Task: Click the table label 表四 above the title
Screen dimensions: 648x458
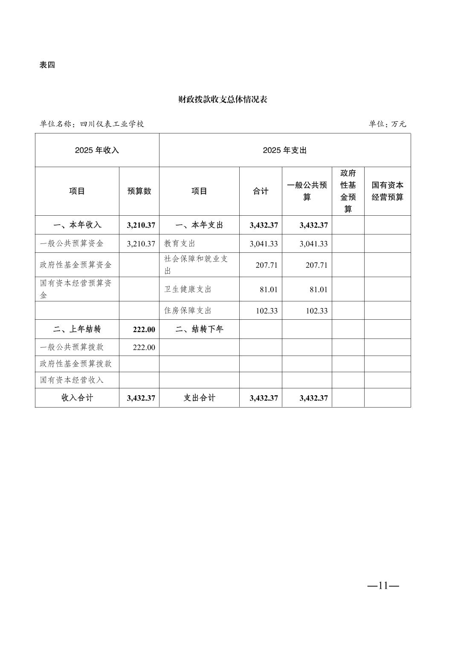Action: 47,65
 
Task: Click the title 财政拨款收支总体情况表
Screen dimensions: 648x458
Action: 223,100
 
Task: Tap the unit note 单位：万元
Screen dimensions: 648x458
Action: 387,124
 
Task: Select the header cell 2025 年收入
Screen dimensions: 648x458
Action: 97,150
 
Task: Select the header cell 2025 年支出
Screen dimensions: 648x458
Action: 285,150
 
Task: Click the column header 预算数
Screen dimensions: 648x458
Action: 139,191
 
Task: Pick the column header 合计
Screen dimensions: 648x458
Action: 261,191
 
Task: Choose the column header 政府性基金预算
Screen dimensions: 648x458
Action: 348,191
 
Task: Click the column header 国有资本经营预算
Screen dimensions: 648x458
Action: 387,191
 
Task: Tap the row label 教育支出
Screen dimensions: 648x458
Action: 180,244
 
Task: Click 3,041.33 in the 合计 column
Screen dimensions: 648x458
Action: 264,244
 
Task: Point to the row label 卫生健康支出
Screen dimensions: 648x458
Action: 188,289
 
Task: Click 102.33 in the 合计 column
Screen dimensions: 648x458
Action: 267,311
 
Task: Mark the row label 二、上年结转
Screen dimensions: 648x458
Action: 77,330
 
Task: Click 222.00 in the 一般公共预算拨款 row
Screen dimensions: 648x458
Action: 144,347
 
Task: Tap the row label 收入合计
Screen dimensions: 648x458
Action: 77,398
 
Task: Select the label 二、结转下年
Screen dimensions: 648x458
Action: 199,330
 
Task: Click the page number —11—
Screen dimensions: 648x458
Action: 383,586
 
